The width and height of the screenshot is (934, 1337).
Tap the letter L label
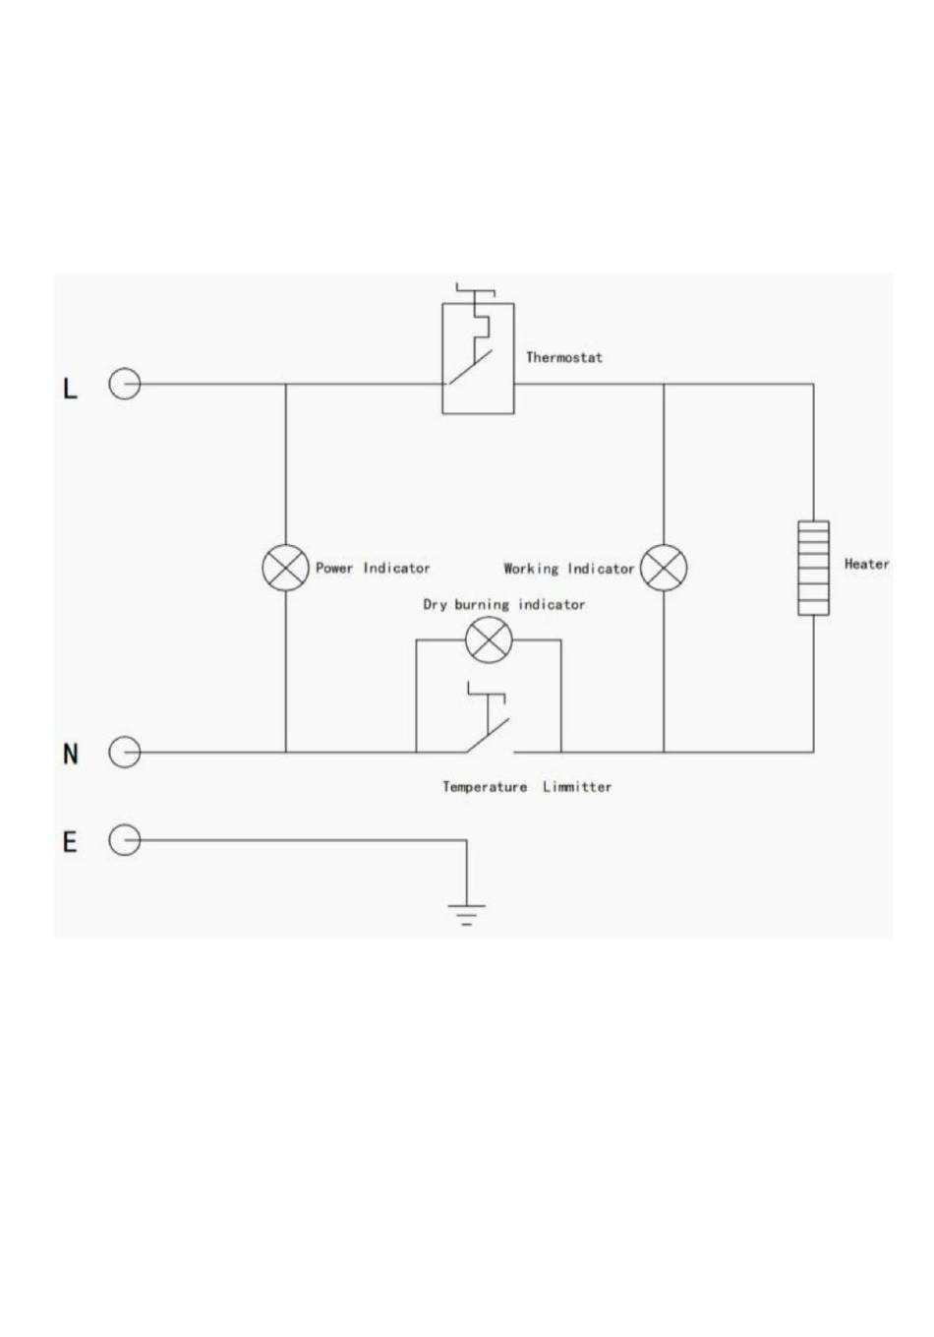[70, 390]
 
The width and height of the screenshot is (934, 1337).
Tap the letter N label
[71, 754]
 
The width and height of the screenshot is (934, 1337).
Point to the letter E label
[70, 842]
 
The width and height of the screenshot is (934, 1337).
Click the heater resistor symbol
[813, 568]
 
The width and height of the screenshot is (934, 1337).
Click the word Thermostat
[564, 357]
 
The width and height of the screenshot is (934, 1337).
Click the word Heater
[866, 564]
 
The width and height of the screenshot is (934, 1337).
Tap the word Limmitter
[577, 787]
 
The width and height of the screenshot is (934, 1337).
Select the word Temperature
[485, 787]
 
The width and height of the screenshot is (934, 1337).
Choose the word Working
[531, 569]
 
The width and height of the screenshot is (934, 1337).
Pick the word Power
[334, 568]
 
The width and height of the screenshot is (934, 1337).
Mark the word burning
[482, 605]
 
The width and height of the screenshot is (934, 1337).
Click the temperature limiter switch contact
[488, 735]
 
